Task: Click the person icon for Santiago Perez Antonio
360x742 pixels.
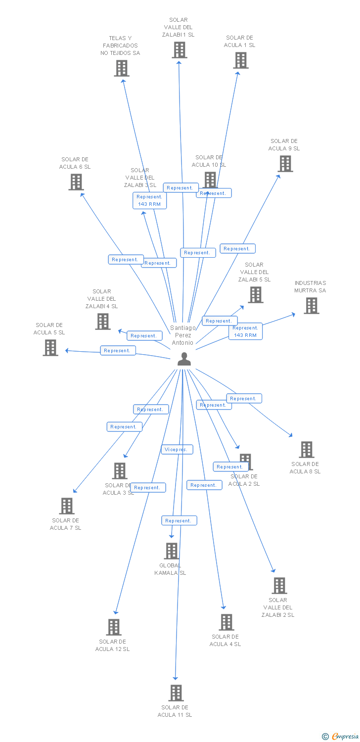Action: pos(184,359)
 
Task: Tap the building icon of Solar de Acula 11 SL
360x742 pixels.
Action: pos(176,693)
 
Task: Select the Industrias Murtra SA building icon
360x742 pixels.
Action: pos(312,306)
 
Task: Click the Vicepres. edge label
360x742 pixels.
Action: pos(177,450)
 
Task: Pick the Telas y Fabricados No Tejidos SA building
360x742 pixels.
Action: pos(122,68)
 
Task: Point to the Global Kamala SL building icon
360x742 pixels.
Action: pos(171,551)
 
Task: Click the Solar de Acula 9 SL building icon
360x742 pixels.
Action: pos(285,164)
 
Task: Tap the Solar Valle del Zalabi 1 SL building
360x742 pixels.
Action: pos(180,50)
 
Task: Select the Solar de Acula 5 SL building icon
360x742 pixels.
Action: pos(50,348)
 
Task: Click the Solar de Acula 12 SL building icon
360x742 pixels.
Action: pos(114,627)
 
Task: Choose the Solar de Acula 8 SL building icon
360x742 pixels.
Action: pos(307,450)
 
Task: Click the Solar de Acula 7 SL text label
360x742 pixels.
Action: pos(65,524)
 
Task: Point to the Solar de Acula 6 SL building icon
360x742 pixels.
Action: pos(76,182)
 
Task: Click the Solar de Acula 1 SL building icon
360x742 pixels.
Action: pos(241,60)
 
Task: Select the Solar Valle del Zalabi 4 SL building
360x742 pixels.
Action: pos(103,322)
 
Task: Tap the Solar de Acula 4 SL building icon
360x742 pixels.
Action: pos(226,622)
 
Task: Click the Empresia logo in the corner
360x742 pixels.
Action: pos(340,737)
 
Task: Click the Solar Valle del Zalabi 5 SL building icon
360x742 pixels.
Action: pos(256,295)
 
